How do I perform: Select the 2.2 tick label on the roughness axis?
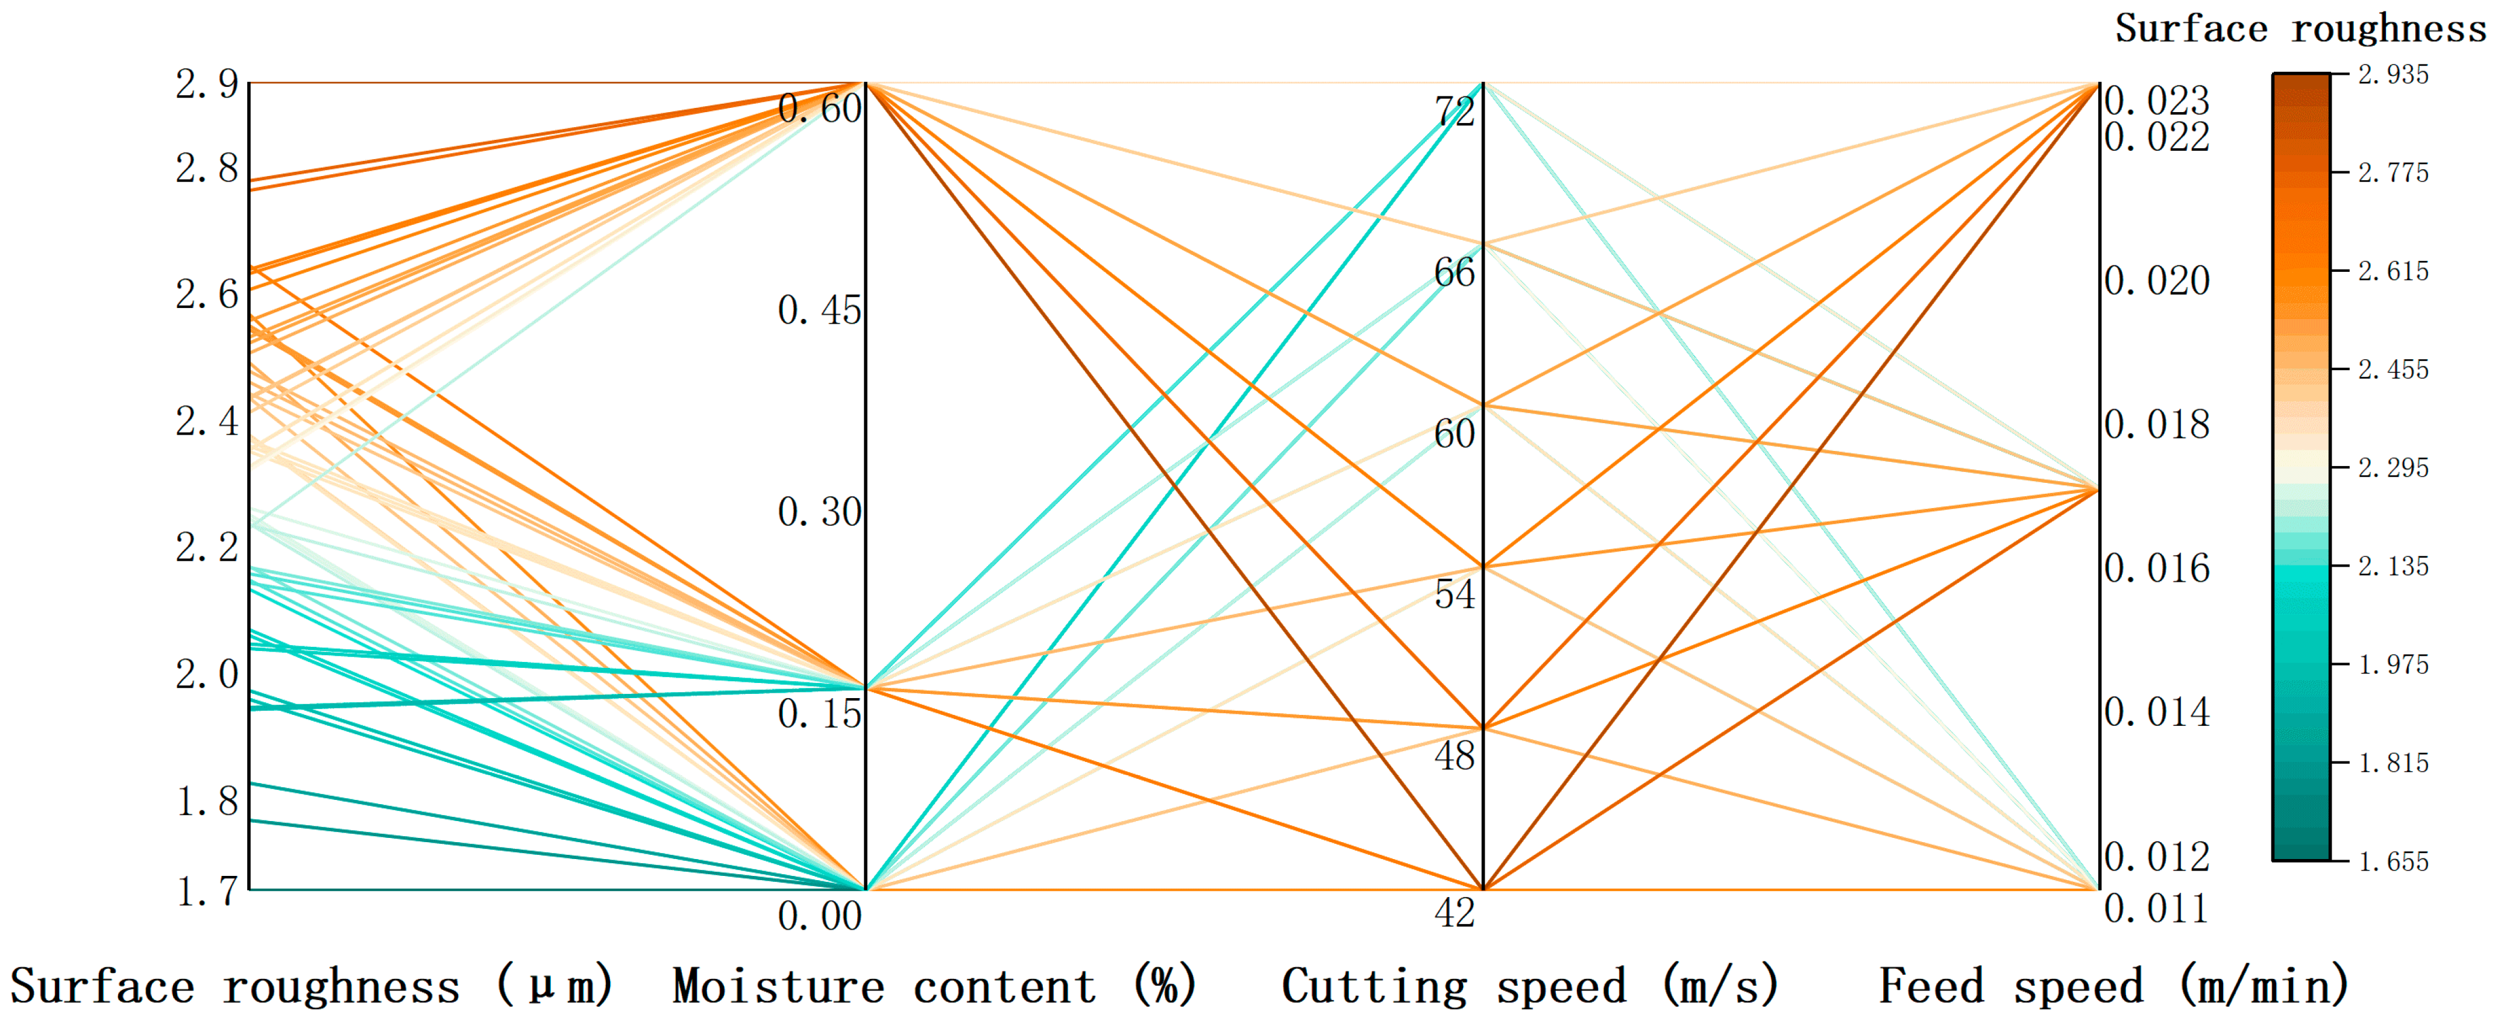click(207, 548)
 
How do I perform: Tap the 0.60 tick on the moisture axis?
click(819, 109)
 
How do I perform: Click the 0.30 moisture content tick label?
click(819, 512)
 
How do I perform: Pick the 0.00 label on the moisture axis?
click(819, 915)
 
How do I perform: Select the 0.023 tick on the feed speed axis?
click(2157, 101)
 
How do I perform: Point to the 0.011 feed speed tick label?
click(2157, 908)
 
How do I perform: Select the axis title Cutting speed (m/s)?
click(1531, 986)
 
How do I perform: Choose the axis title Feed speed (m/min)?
click(2114, 986)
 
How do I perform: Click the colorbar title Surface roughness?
click(2300, 28)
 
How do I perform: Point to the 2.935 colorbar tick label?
click(2393, 75)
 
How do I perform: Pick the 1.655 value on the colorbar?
click(2393, 861)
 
